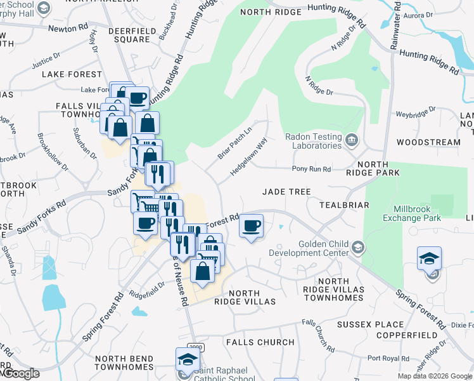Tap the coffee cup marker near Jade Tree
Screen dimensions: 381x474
tap(252, 226)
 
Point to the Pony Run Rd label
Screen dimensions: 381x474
tap(311, 169)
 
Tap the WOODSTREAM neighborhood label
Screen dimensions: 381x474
tap(428, 142)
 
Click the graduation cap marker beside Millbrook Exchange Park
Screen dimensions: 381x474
tap(429, 258)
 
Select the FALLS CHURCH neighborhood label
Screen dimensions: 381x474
tap(260, 342)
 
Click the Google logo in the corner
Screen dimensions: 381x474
tap(20, 373)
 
